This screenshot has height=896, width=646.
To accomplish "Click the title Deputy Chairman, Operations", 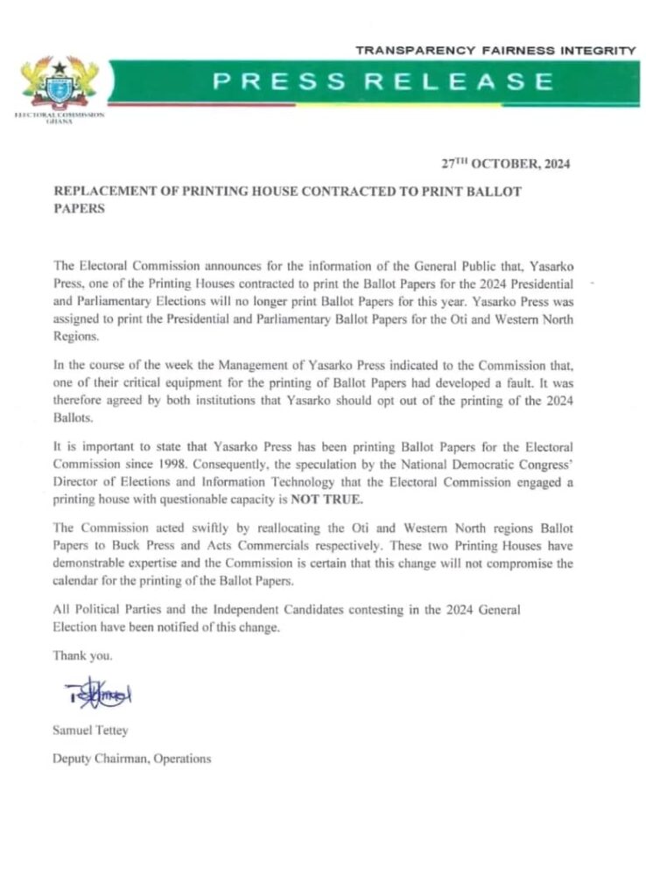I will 132,759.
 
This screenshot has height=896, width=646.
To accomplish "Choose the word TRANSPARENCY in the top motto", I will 405,52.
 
